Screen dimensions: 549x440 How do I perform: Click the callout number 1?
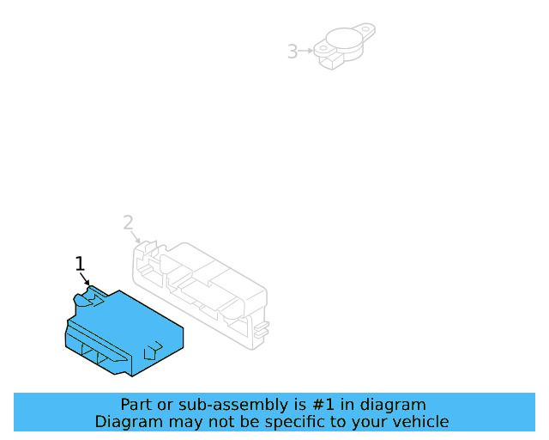click(x=80, y=264)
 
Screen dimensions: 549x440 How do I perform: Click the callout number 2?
click(x=129, y=223)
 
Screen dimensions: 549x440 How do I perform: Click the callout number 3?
click(x=293, y=52)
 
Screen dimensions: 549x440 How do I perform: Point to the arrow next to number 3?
click(x=305, y=51)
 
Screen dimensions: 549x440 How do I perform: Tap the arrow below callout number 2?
click(x=136, y=237)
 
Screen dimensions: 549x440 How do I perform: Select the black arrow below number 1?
click(x=84, y=279)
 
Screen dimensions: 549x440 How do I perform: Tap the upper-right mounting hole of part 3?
click(x=366, y=29)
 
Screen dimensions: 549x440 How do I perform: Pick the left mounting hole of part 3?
click(x=323, y=48)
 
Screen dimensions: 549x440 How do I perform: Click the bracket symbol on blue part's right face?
click(x=154, y=351)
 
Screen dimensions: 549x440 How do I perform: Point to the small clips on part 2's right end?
click(x=262, y=330)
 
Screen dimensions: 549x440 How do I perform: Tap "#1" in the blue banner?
click(x=323, y=405)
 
